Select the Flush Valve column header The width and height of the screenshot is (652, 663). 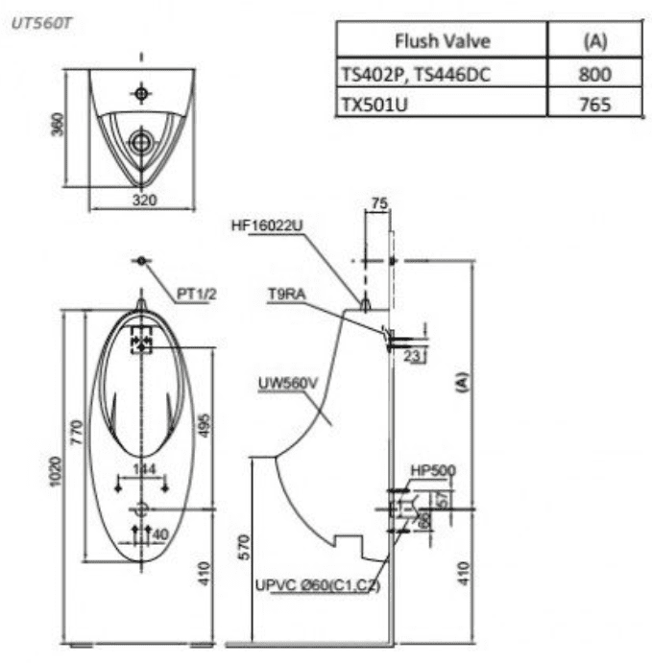click(442, 41)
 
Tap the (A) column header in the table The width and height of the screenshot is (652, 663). click(595, 41)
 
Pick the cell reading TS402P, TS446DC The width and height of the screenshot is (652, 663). click(416, 73)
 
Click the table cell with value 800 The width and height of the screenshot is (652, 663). click(595, 73)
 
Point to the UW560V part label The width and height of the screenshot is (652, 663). click(286, 384)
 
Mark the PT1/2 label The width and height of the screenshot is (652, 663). click(197, 295)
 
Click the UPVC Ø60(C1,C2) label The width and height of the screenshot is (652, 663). click(318, 585)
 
